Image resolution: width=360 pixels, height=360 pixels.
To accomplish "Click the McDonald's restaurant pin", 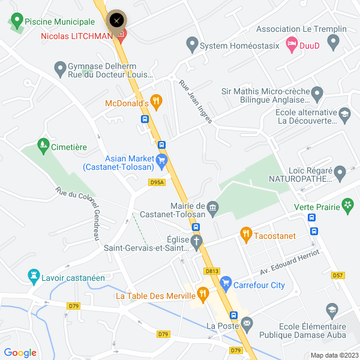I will (156, 101).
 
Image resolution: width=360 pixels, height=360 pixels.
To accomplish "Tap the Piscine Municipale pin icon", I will (16, 21).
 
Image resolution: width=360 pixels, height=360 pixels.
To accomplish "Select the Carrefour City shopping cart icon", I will (226, 282).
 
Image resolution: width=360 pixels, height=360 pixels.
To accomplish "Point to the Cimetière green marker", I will (43, 145).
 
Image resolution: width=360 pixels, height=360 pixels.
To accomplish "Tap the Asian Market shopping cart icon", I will (161, 160).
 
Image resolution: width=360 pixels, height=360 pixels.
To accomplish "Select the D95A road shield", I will (157, 182).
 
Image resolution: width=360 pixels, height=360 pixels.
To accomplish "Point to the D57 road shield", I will (338, 275).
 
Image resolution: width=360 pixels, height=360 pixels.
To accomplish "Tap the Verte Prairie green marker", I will (347, 206).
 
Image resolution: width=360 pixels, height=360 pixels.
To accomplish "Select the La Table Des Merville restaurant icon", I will (203, 294).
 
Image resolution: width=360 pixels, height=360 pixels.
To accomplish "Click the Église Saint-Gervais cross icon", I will (197, 241).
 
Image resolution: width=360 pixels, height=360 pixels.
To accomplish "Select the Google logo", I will (20, 353).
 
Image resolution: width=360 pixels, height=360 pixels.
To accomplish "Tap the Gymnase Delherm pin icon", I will (60, 68).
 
